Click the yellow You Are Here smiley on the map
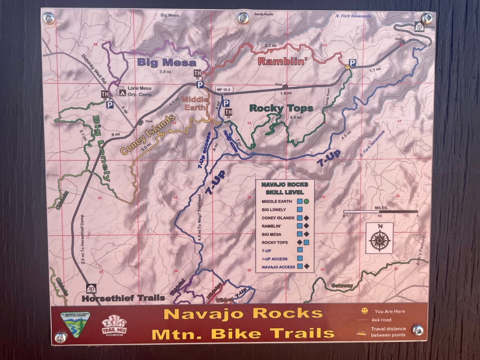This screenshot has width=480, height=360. pos(348,67)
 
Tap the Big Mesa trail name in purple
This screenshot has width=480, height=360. pos(166,63)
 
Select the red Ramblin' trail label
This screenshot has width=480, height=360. pos(280,61)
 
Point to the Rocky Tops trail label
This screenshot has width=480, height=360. pos(281,108)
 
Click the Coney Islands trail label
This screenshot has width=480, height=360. pos(148,135)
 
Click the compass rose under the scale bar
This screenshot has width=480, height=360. pos(380,238)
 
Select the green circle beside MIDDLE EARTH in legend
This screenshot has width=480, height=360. pos(306,201)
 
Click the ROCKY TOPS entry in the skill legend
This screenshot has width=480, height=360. pos(275,243)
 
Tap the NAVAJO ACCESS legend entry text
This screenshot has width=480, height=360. pos(278,267)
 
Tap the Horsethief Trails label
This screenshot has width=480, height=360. pos(123,298)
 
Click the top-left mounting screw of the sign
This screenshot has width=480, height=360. pos(48,17)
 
